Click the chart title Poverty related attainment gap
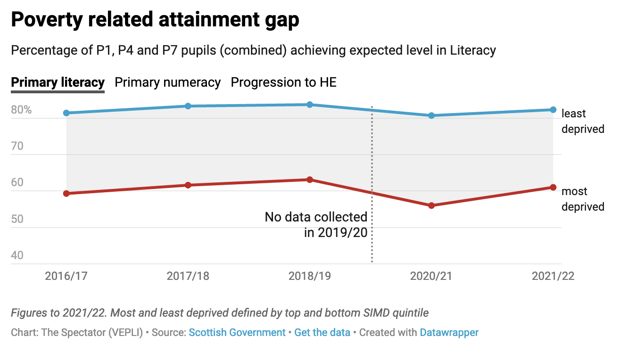(x=155, y=20)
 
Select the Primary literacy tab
(x=58, y=82)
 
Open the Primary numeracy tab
(x=168, y=82)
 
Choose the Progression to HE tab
(x=283, y=82)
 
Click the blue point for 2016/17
(x=66, y=113)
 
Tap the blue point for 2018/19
(x=310, y=105)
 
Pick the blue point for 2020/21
(x=431, y=115)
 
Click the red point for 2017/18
(x=188, y=185)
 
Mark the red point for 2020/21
(x=431, y=205)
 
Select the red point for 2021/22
(x=553, y=188)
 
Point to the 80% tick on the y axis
(x=22, y=110)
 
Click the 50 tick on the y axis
(x=17, y=219)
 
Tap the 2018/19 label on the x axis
(x=310, y=276)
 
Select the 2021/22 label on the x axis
(x=553, y=276)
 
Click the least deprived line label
(x=583, y=121)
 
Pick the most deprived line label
(x=583, y=199)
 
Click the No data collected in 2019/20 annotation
(x=316, y=225)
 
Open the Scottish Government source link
(x=237, y=333)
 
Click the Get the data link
(x=322, y=333)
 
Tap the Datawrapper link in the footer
(x=449, y=333)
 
